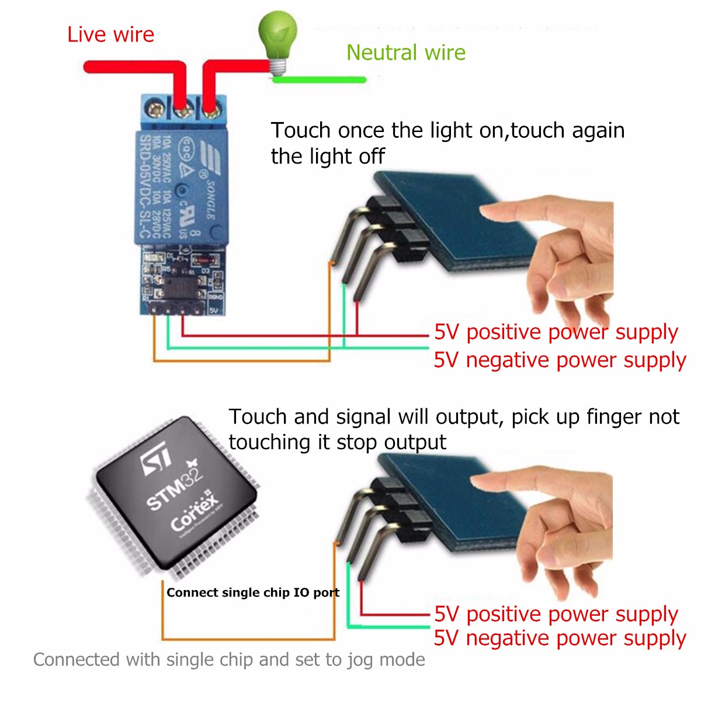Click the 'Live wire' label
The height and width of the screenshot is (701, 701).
[110, 34]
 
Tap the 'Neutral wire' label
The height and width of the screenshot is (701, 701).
[405, 53]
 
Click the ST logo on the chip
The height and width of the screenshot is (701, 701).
[157, 459]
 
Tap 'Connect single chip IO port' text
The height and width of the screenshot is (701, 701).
[252, 592]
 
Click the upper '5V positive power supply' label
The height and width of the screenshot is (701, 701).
[556, 332]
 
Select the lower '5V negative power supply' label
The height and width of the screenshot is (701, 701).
[559, 638]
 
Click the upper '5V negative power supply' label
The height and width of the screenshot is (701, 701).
[559, 360]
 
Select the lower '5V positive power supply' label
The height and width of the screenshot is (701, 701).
[556, 614]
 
